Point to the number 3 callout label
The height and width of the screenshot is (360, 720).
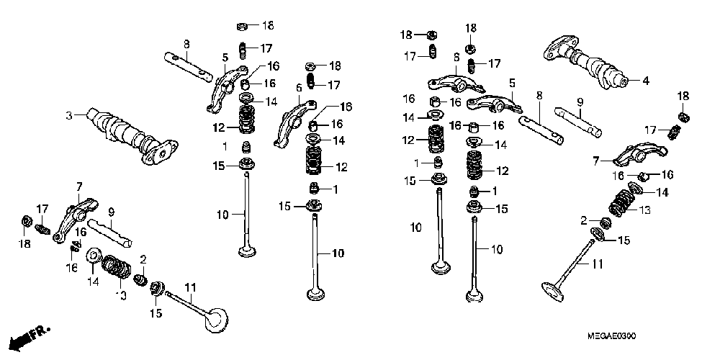click(x=69, y=115)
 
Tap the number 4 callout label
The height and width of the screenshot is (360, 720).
click(x=645, y=81)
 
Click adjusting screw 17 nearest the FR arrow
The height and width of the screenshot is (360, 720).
click(x=42, y=228)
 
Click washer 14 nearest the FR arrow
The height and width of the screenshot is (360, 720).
click(x=93, y=257)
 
